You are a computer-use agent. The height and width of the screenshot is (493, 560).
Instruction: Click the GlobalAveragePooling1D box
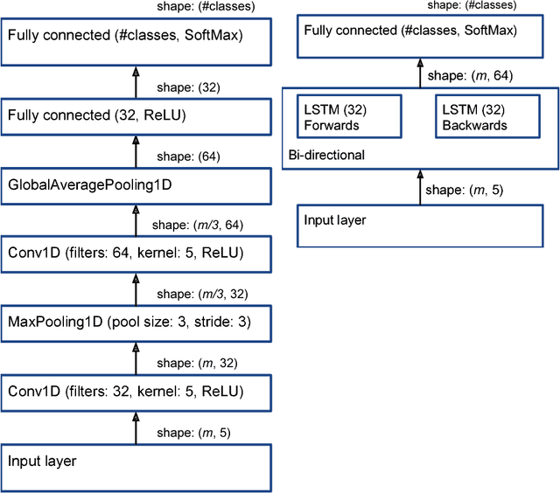tap(136, 184)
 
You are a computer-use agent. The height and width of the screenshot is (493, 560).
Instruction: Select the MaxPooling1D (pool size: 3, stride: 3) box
tap(136, 322)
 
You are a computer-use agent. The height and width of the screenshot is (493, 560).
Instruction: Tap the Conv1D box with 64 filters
tap(136, 253)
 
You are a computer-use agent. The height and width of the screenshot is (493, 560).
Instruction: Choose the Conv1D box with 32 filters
tap(136, 390)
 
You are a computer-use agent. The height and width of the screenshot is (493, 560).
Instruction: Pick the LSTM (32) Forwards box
tap(349, 117)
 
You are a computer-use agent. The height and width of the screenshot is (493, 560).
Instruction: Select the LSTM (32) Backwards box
tap(486, 117)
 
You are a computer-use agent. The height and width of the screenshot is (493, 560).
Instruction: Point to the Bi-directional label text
tap(326, 156)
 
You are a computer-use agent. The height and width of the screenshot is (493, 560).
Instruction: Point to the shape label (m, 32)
tap(185, 362)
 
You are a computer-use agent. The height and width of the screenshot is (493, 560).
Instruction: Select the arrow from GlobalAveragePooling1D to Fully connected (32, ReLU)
tap(136, 150)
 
